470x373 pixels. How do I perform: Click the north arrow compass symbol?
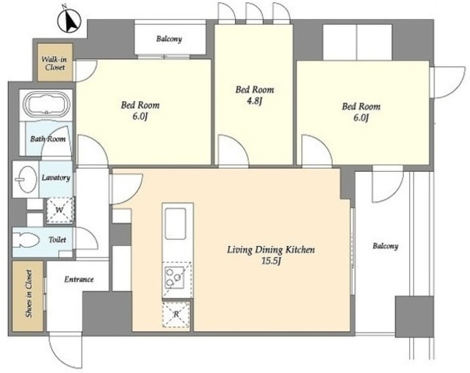pos(69,21)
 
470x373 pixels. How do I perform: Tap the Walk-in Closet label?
pos(54,63)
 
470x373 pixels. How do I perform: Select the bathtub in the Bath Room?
pos(47,105)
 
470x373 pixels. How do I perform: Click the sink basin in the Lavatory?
pos(26,179)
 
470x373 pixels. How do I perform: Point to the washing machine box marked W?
pos(59,210)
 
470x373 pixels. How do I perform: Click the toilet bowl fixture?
pos(26,239)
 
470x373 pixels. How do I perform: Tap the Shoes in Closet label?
pos(29,294)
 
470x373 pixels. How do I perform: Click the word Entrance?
pos(79,279)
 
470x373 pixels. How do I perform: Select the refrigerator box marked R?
pos(176,314)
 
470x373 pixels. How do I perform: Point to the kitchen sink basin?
pos(176,223)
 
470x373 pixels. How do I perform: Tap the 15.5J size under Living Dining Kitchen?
pos(271,261)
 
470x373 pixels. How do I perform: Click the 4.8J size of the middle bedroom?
pos(255,101)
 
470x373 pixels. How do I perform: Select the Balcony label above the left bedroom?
pos(169,39)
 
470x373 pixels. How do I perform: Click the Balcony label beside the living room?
pos(385,246)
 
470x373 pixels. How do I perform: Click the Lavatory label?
pos(56,178)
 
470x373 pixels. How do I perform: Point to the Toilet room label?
pos(57,239)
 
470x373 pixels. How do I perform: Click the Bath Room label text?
pos(48,139)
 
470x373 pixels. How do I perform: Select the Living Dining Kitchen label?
pos(271,250)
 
